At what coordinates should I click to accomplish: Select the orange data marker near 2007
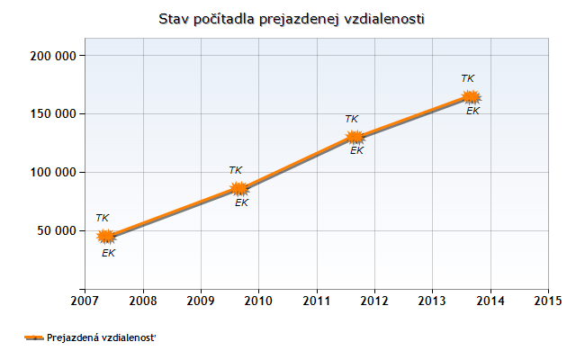point(106,236)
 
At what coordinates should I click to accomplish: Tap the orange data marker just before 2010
point(238,188)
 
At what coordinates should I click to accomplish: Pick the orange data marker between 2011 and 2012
point(355,137)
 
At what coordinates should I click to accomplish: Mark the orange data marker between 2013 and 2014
point(471,96)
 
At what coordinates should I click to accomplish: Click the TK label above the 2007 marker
point(103,218)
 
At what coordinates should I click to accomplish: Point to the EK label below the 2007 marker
point(109,253)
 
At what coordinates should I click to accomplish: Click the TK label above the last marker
point(467,78)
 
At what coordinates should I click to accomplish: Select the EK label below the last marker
point(473,110)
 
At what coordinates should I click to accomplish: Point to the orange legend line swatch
point(33,337)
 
